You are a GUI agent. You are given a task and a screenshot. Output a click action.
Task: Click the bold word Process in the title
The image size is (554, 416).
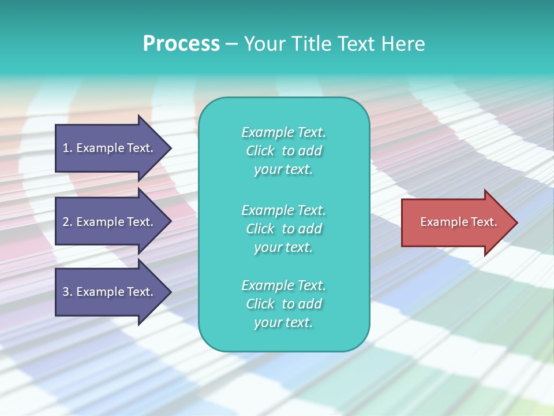(x=181, y=43)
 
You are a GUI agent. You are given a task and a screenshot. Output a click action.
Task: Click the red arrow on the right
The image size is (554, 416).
(x=456, y=222)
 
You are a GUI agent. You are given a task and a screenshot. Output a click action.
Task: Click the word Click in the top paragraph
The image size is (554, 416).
(x=260, y=151)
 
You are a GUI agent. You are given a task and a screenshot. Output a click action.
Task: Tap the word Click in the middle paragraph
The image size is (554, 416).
(x=260, y=229)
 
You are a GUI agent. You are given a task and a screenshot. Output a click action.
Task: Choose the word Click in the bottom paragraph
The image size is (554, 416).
(x=260, y=304)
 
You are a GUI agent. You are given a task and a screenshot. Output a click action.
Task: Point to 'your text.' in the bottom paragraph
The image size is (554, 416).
(x=283, y=322)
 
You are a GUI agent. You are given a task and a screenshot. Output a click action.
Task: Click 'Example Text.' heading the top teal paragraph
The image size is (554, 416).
(x=283, y=132)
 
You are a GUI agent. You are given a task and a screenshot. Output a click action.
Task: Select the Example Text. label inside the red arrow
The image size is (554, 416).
(x=459, y=222)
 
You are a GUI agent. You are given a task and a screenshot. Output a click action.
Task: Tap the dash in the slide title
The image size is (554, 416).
(x=232, y=44)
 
